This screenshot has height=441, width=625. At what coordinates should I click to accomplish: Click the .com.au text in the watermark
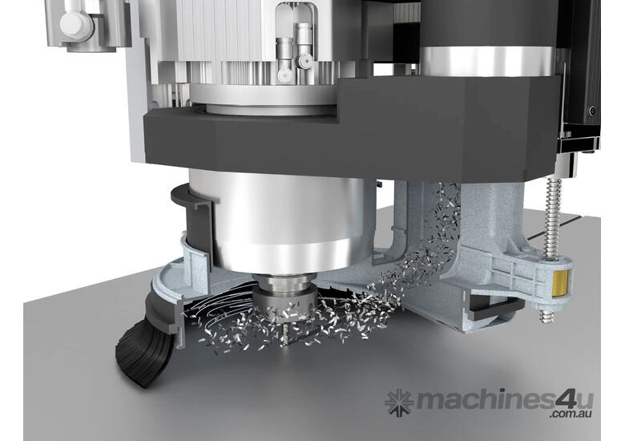coord(571,414)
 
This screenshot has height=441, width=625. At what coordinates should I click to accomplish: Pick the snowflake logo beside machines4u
coord(398,403)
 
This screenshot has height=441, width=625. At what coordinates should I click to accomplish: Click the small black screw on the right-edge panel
coord(592,111)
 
